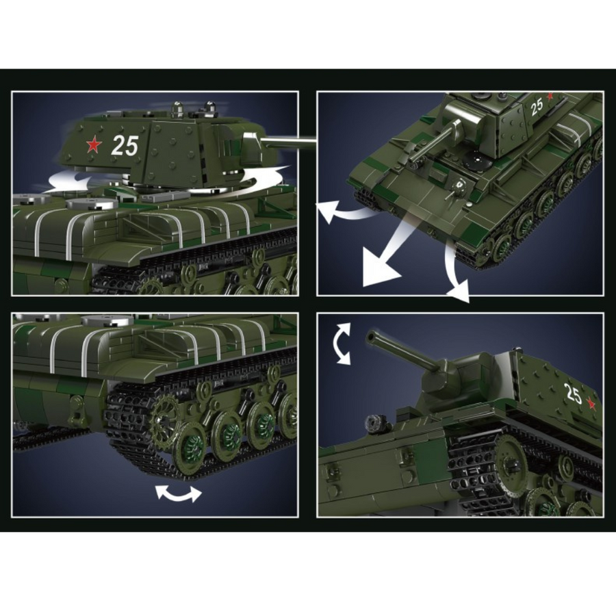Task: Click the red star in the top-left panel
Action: click(94, 144)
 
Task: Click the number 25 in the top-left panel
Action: click(125, 146)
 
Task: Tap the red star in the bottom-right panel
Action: click(591, 403)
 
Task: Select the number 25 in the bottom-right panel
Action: click(573, 394)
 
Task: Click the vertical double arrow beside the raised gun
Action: click(341, 344)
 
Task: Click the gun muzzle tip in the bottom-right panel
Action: click(370, 337)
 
